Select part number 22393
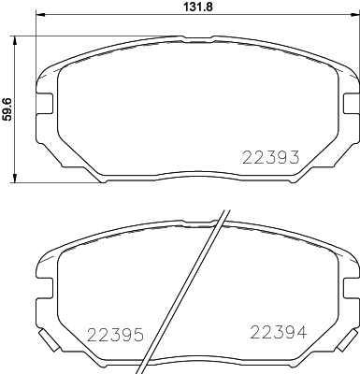[x=270, y=158]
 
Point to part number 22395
[x=113, y=334]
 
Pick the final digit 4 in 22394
[x=298, y=331]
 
